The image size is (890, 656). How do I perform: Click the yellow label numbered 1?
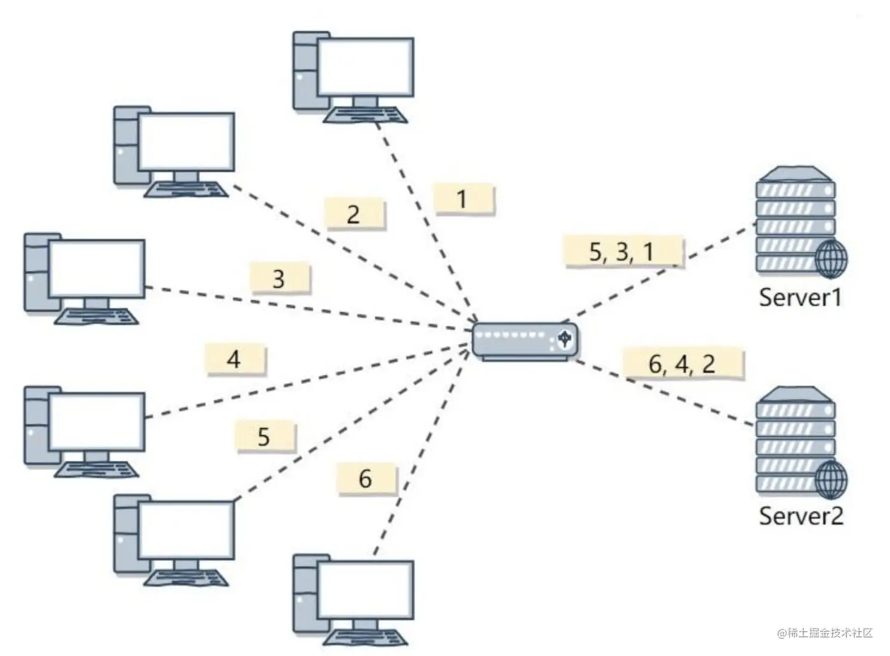(x=464, y=199)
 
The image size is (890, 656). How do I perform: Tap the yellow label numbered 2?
(x=355, y=213)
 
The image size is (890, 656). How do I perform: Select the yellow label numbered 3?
(x=280, y=278)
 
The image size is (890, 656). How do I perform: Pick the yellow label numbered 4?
(x=235, y=359)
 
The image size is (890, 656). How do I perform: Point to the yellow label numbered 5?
(x=265, y=437)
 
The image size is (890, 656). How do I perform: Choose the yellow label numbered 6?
(x=366, y=479)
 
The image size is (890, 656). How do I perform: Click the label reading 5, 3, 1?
(x=623, y=252)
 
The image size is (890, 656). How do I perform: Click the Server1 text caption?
(x=800, y=297)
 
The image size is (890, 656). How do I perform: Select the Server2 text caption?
(x=800, y=516)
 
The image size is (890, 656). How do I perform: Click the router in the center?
(x=524, y=341)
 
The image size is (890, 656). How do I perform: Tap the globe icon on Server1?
(x=831, y=259)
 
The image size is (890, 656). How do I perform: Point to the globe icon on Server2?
(x=831, y=479)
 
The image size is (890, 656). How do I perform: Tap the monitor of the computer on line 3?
(x=97, y=268)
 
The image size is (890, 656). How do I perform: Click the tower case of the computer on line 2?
(x=126, y=146)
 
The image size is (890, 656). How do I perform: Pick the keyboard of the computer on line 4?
(x=97, y=469)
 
